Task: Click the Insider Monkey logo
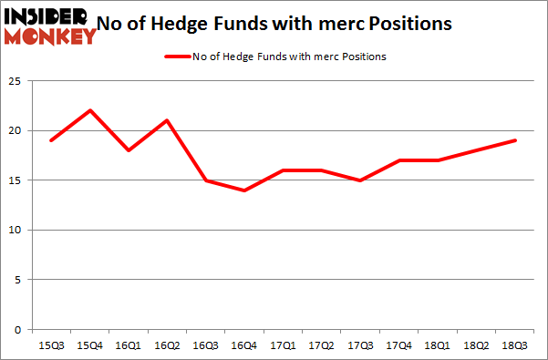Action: click(50, 25)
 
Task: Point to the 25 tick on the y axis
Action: click(16, 81)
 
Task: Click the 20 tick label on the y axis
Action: click(16, 130)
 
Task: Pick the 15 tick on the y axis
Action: click(16, 180)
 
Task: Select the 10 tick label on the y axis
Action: click(16, 230)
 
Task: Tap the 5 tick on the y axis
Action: click(18, 280)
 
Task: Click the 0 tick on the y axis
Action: click(18, 329)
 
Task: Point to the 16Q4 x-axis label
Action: click(245, 345)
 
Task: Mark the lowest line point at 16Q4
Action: click(245, 190)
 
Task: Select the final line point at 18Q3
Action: click(515, 140)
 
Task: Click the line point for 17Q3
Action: click(361, 180)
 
